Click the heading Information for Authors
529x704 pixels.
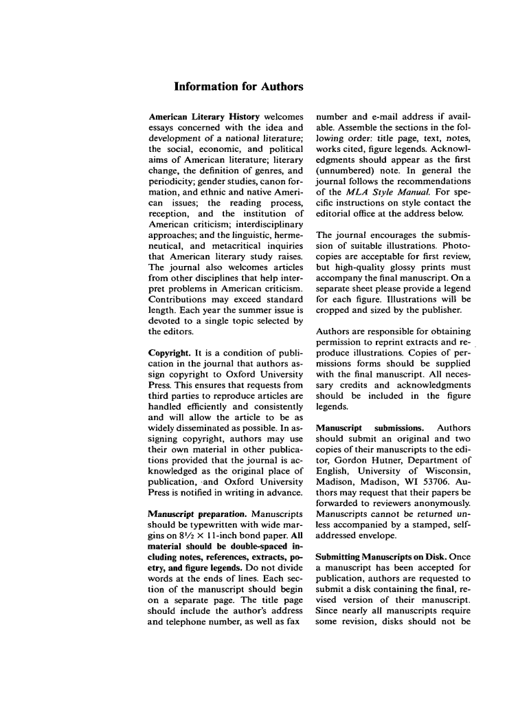click(238, 87)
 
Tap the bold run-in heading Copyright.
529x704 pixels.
click(170, 353)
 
